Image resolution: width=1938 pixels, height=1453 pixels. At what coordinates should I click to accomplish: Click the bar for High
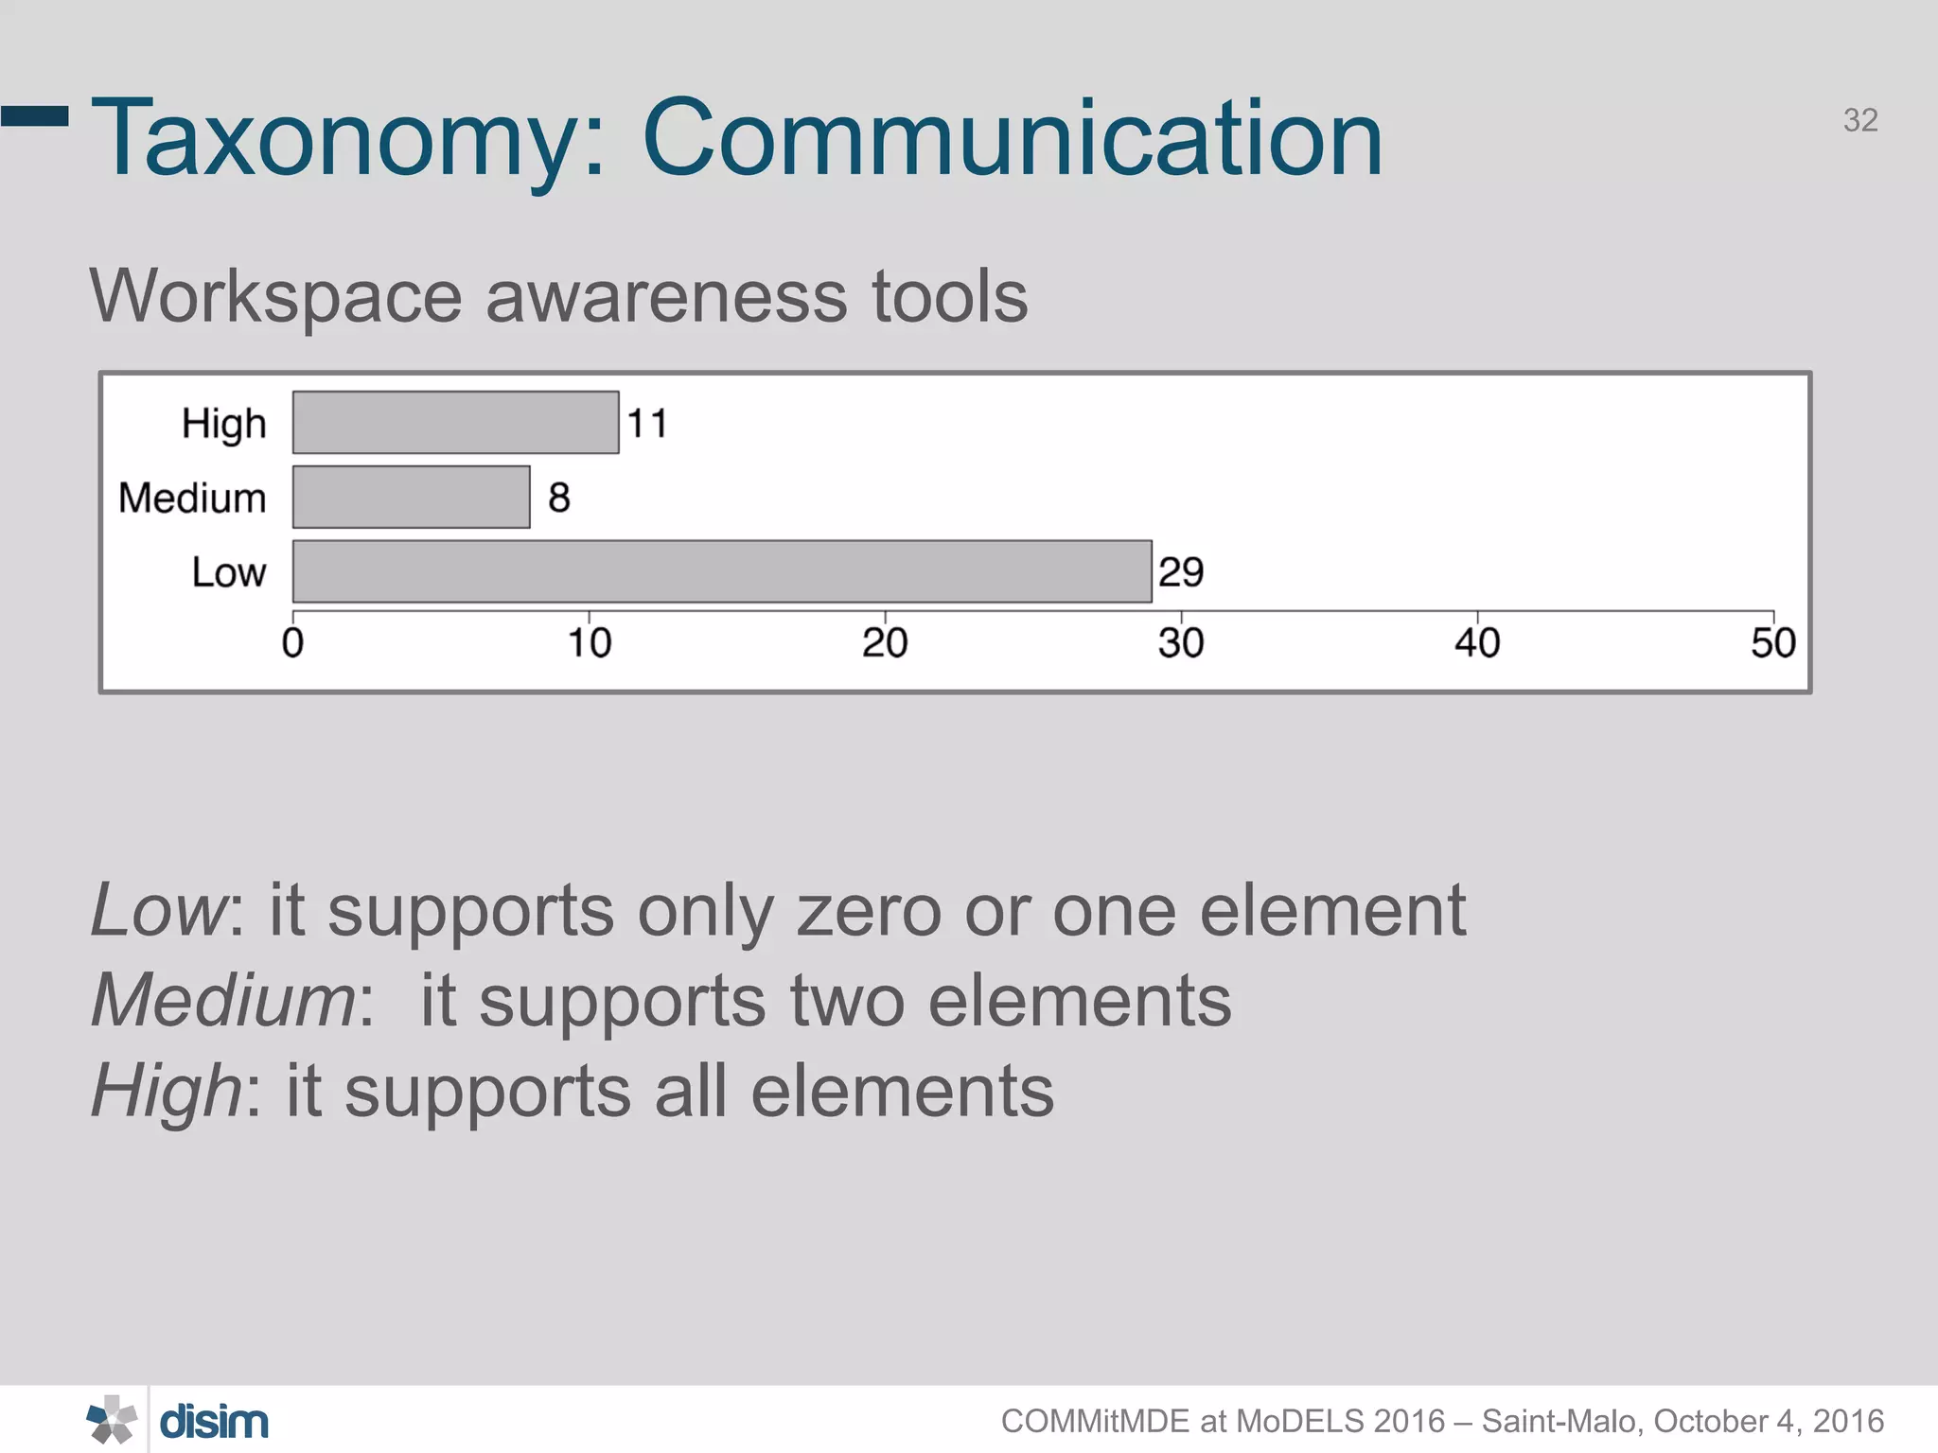point(455,422)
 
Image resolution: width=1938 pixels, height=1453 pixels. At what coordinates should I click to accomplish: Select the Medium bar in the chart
point(411,497)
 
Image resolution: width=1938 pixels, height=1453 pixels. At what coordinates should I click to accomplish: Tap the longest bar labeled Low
point(721,571)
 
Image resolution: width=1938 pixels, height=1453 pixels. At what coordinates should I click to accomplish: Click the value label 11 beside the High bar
point(648,423)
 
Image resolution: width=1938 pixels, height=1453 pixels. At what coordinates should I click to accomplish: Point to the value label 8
point(559,498)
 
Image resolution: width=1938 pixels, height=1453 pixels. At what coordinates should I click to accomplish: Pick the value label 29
point(1181,572)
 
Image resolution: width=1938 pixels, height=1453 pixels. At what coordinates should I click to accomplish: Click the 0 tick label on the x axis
point(293,643)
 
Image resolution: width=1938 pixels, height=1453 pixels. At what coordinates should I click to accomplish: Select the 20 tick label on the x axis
point(885,643)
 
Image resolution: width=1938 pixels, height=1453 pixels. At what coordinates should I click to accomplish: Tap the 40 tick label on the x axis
point(1477,643)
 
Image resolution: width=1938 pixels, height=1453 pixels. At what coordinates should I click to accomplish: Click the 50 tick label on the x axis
point(1772,643)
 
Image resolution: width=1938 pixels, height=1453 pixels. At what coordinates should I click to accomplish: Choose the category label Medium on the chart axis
point(192,498)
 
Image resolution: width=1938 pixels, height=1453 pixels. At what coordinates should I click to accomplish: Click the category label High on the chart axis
point(224,424)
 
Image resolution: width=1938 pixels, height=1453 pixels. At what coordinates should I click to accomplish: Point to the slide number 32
point(1860,120)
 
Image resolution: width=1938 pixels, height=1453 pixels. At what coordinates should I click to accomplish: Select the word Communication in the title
point(1012,138)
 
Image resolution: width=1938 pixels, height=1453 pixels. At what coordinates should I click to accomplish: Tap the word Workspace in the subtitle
point(276,297)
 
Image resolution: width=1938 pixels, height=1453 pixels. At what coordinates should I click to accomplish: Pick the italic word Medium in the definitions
point(223,1000)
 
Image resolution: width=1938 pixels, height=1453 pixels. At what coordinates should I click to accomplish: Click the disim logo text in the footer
point(214,1422)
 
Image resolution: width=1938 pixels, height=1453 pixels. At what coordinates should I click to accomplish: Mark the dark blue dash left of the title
point(35,116)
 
